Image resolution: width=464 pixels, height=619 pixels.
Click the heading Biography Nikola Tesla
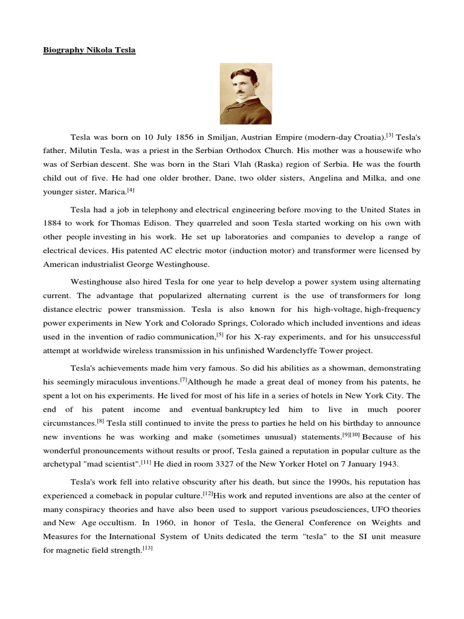[89, 50]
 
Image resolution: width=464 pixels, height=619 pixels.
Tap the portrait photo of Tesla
[245, 94]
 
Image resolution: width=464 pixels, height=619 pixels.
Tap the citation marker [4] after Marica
[131, 190]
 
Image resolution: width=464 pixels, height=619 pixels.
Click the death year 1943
[388, 464]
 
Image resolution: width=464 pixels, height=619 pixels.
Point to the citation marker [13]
[148, 548]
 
